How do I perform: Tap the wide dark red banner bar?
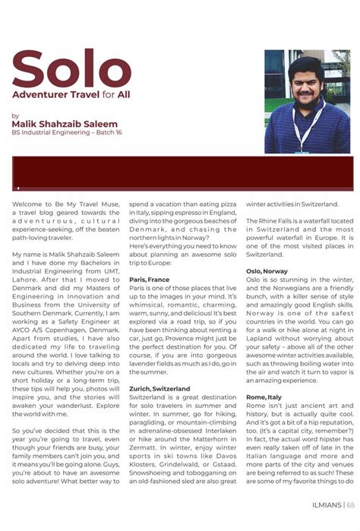(x=179, y=173)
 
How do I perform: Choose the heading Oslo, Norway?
(x=267, y=270)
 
